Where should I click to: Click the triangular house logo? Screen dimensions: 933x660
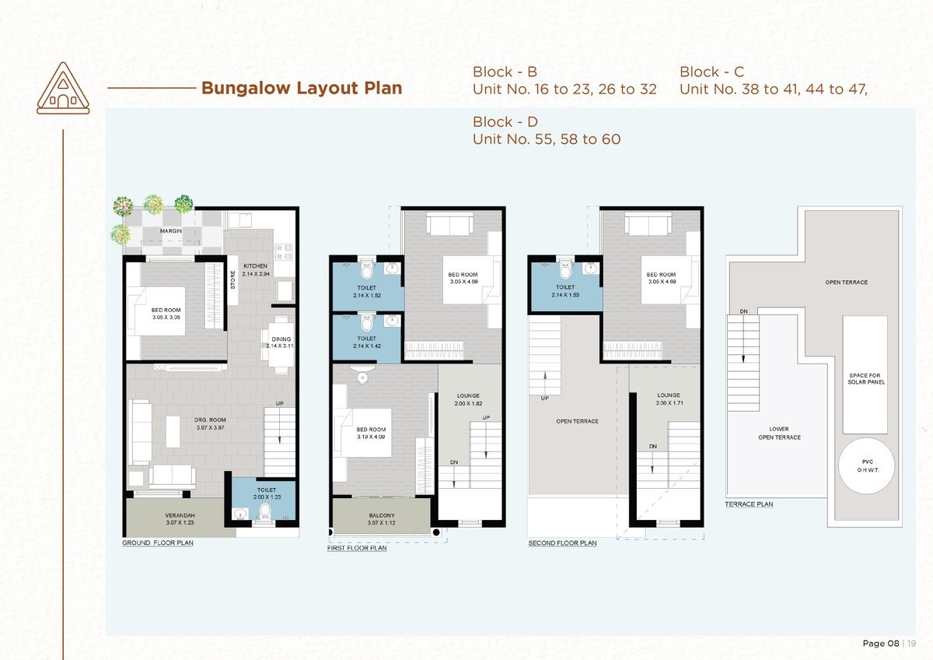[x=63, y=89]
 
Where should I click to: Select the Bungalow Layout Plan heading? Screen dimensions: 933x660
[x=302, y=88]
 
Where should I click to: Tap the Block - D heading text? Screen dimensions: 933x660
[x=505, y=121]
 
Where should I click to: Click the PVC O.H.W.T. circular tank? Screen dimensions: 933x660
[x=866, y=465]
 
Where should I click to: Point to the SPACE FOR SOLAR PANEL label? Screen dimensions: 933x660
[x=866, y=378]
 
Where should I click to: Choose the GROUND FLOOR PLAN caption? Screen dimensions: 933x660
[x=157, y=542]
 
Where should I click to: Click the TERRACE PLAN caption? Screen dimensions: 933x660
[x=749, y=504]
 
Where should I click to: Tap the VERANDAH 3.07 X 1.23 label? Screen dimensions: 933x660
[x=180, y=519]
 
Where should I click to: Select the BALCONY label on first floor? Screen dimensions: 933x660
[x=382, y=516]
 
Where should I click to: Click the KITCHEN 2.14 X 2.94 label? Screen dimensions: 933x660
[x=256, y=270]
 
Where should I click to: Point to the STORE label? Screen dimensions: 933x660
[x=232, y=279]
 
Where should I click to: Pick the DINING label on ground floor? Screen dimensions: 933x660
[x=281, y=339]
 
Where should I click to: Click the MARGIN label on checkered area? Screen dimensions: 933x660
[x=171, y=230]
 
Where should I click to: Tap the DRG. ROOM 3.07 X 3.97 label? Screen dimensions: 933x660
[x=210, y=423]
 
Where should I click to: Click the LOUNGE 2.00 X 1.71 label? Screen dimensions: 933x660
[x=669, y=399]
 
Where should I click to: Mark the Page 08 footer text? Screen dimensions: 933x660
[x=881, y=644]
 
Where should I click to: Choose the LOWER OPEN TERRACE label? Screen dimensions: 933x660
[x=779, y=434]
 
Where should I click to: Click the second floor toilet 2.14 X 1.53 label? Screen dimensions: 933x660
[x=565, y=291]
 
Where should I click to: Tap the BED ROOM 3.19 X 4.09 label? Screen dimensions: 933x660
[x=371, y=434]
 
